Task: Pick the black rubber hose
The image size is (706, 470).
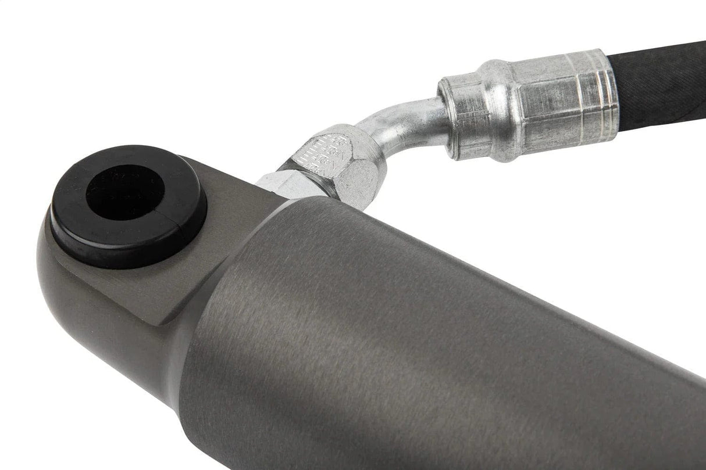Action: pos(657,81)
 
